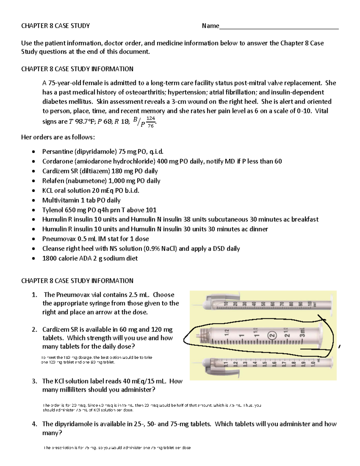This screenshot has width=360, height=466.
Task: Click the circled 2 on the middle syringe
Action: coord(272,335)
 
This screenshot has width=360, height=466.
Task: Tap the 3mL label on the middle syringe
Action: coord(302,332)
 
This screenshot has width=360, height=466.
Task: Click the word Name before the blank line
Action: coord(210,26)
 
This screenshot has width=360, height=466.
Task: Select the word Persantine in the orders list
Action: coord(57,152)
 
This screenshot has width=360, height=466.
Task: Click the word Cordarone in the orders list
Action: coord(57,161)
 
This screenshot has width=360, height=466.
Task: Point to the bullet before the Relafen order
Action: coord(34,181)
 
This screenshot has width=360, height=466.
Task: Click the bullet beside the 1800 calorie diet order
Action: coord(34,258)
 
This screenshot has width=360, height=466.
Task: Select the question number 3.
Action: coord(34,381)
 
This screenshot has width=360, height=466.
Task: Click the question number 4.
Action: coord(34,424)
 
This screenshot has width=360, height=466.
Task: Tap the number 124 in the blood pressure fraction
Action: coord(151,119)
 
